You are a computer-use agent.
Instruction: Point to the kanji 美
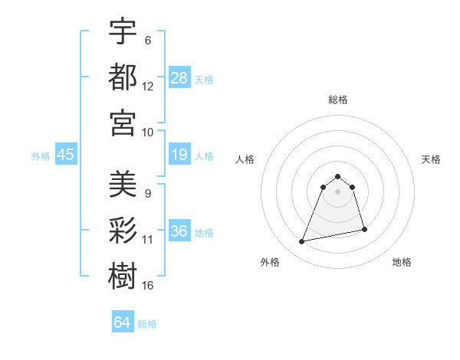(123, 184)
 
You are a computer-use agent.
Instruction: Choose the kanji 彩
(123, 229)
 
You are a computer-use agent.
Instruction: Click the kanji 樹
(123, 274)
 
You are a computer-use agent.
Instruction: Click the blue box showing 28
(179, 77)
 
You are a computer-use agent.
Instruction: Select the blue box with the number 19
(179, 155)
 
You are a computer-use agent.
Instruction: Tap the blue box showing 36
(179, 231)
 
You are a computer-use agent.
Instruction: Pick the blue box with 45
(66, 155)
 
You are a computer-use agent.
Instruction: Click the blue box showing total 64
(123, 322)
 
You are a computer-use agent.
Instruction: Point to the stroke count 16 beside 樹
(148, 285)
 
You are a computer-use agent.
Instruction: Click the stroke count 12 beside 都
(148, 87)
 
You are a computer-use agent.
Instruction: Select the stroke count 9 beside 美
(148, 194)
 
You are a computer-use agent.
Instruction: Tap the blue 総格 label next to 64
(147, 324)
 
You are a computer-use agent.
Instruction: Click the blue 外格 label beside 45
(41, 155)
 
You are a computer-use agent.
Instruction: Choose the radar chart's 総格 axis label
(338, 100)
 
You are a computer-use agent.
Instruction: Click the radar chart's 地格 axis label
(402, 263)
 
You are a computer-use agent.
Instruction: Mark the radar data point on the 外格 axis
(302, 242)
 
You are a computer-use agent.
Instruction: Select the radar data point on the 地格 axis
(364, 229)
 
